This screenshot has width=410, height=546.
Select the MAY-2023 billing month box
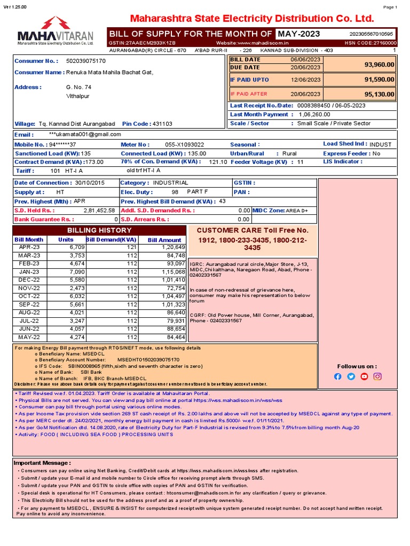298,34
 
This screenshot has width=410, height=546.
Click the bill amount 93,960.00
379,64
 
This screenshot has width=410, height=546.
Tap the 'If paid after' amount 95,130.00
379,94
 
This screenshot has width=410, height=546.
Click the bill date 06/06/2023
305,60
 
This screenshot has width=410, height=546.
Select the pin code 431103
162,124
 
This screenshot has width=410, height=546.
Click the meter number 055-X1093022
184,144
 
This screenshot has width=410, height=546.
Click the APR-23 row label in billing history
29,247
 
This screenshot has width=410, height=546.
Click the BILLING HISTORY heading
99,230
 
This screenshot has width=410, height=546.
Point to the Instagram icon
377,376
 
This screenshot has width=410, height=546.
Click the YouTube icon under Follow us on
364,376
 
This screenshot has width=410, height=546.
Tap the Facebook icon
337,376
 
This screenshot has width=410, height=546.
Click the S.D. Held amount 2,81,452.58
99,211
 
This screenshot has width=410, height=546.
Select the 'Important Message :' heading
42,463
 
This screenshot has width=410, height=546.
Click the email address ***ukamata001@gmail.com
85,134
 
